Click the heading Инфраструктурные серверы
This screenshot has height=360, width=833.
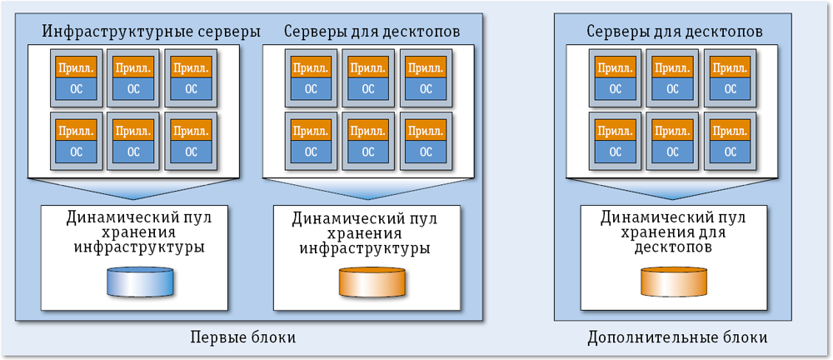point(151,32)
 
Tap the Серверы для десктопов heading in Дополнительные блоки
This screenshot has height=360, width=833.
point(674,32)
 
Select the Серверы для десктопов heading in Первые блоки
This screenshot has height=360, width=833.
point(372,32)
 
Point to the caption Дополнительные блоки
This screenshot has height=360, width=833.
point(676,337)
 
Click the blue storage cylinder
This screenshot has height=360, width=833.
point(139,282)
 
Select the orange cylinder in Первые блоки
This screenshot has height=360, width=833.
point(372,282)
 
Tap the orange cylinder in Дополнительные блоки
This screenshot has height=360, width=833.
point(673,282)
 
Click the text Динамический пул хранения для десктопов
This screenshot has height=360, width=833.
point(672,232)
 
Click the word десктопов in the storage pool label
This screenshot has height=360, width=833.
point(672,248)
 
